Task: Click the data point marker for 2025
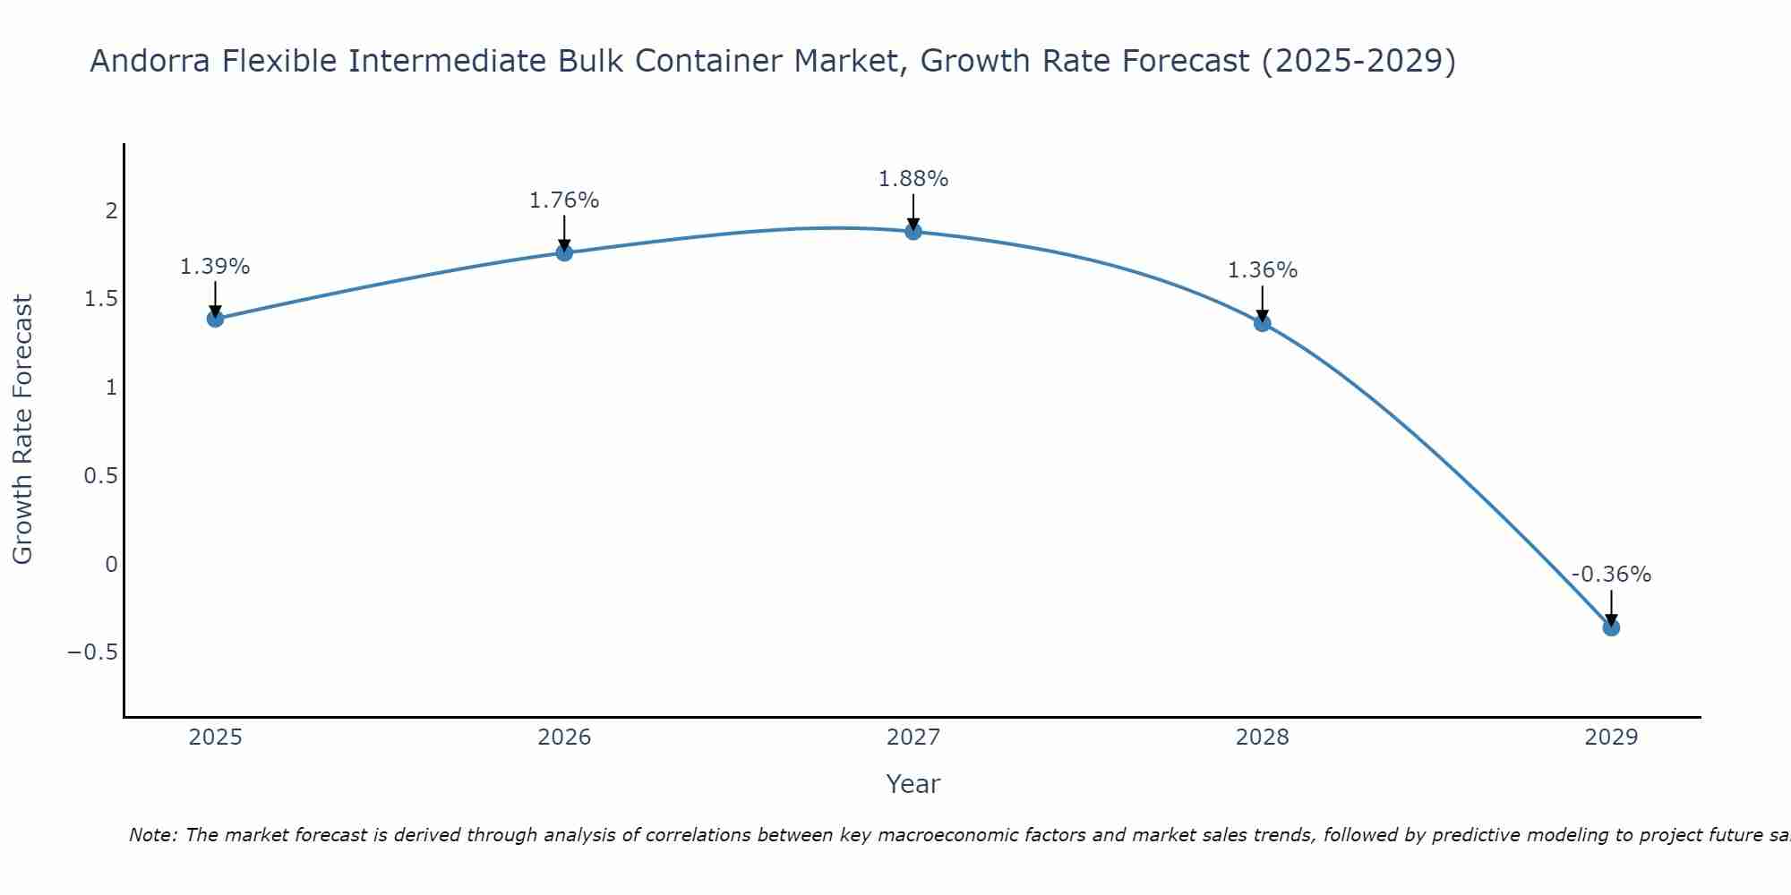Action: tap(215, 319)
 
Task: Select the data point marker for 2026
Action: tap(564, 252)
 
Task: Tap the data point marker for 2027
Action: tap(913, 232)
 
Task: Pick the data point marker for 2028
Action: tap(1263, 323)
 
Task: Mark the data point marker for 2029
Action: tap(1611, 627)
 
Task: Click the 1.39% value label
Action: tap(215, 267)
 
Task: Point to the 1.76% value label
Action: tap(564, 200)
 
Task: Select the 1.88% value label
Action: tap(913, 179)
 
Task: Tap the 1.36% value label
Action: tap(1263, 270)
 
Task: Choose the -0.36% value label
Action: tap(1611, 575)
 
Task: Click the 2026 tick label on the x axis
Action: tap(564, 737)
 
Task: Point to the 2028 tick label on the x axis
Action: tap(1263, 737)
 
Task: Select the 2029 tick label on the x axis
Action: tap(1611, 737)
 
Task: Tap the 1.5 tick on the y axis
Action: tap(101, 299)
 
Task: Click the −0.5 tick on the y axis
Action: tap(92, 652)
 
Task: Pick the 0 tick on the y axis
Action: tap(111, 564)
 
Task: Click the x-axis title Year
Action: tap(913, 784)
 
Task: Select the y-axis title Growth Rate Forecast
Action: tap(22, 430)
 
